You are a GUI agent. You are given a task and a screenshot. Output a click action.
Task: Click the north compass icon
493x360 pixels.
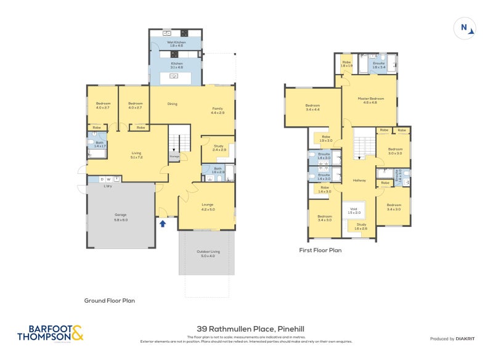pos(465,28)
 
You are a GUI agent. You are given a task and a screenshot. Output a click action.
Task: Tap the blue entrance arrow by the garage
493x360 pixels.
pos(163,224)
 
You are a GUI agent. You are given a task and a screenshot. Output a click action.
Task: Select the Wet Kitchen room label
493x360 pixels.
pos(176,42)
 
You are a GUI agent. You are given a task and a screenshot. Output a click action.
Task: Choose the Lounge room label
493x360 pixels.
pos(208,206)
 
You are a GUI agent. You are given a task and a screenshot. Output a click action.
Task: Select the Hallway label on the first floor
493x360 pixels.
pos(359,180)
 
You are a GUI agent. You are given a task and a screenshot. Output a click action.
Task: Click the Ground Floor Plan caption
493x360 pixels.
pos(109,300)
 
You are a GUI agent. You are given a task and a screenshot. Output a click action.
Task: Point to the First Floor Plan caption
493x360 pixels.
pos(320,250)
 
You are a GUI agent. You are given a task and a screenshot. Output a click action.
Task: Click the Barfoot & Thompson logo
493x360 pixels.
pos(50,333)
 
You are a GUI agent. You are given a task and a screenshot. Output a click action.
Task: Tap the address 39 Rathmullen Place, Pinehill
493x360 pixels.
pos(246,329)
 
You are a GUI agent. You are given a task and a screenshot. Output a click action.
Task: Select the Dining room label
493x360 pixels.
pos(172,104)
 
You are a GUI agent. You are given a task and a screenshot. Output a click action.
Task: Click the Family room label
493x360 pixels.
pos(218,108)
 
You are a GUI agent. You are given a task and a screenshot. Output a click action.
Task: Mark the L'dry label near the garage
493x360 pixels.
pos(107,186)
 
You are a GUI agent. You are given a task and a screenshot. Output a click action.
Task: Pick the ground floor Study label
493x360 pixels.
pos(218,146)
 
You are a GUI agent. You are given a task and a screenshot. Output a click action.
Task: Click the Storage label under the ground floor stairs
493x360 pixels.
pos(174,157)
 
